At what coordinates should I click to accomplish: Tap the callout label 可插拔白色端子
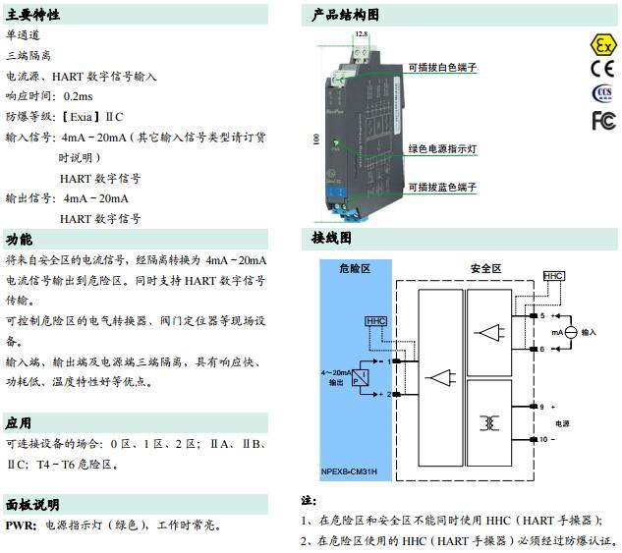click(x=442, y=68)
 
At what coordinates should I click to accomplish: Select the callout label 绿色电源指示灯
click(x=442, y=149)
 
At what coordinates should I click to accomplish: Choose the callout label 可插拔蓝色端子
click(x=442, y=187)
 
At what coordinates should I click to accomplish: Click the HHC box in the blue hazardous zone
click(x=375, y=321)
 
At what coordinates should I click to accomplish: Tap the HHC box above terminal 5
click(x=553, y=277)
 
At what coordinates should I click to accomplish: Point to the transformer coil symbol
click(x=488, y=422)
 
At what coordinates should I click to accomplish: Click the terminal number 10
click(x=541, y=440)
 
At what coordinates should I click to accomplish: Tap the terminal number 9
click(x=541, y=406)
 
